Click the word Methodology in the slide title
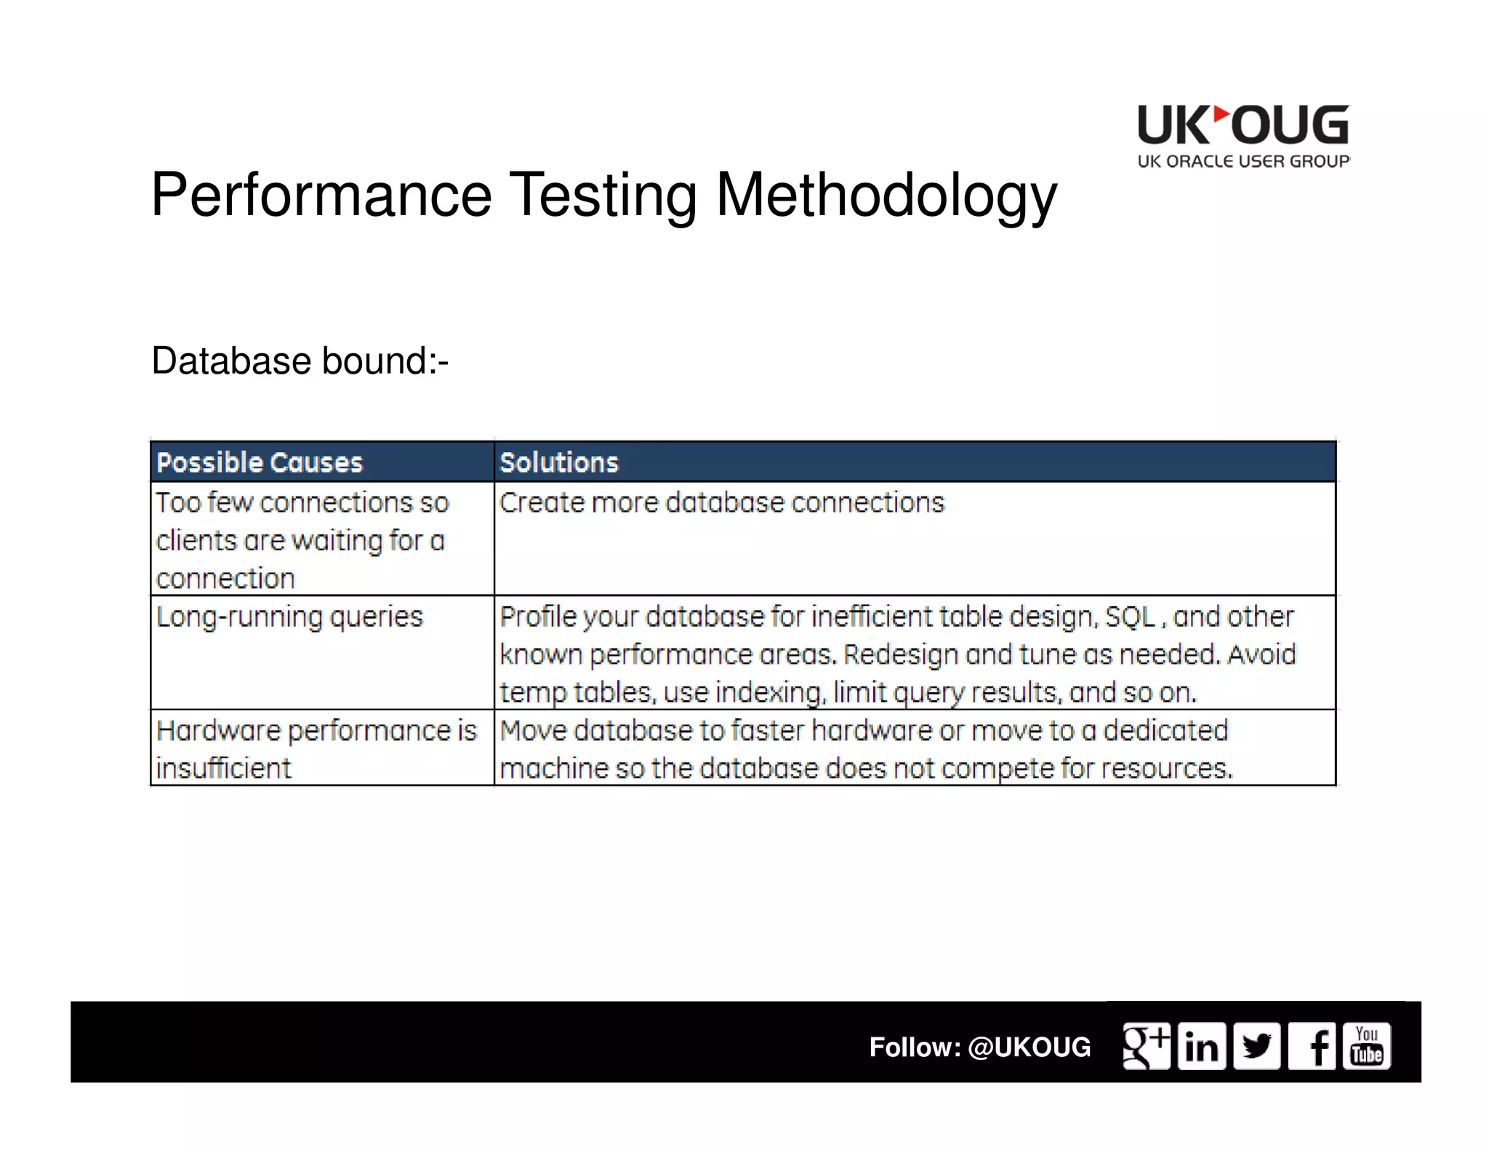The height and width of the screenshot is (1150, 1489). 886,195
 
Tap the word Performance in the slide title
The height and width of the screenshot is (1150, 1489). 321,195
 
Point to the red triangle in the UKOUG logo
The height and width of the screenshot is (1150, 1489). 1221,116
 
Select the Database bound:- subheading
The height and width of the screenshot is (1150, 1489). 300,361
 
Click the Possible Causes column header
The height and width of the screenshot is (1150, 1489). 260,462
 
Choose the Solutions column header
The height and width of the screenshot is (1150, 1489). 559,462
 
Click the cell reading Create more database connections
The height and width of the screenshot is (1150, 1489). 721,503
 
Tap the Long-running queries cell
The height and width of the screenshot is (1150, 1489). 289,617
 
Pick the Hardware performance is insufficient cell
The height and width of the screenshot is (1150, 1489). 316,748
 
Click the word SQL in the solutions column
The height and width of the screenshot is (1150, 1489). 1130,617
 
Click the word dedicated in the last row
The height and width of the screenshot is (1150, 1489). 1165,731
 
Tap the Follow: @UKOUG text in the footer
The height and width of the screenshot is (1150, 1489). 979,1047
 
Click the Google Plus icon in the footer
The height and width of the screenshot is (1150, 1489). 1146,1046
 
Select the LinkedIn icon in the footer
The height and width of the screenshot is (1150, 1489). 1201,1046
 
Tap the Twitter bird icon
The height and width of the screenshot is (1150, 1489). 1256,1046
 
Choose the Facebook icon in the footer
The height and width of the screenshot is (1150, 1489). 1312,1046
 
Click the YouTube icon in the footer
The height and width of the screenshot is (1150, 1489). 1367,1046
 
